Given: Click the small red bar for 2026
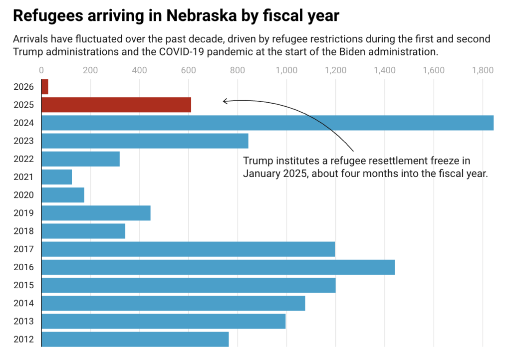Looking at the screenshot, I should pos(45,87).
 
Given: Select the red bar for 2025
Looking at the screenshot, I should pos(116,105).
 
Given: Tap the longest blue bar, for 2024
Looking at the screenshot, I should pos(267,123).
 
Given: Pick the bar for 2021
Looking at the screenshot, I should pos(56,177).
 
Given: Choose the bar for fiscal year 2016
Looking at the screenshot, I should pos(218,267).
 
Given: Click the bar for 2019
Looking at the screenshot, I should pos(96,213).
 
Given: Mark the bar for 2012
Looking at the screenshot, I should pos(135,339).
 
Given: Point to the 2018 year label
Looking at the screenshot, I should pos(24,231).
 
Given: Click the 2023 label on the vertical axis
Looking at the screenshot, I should pos(24,141).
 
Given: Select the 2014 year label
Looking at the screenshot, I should pos(24,303).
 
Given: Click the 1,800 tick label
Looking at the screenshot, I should pos(483,70).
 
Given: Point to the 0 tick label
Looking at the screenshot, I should pos(41,70).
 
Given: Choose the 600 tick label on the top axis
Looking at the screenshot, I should pos(189,70).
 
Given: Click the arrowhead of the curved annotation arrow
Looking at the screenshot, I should pos(224,101).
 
